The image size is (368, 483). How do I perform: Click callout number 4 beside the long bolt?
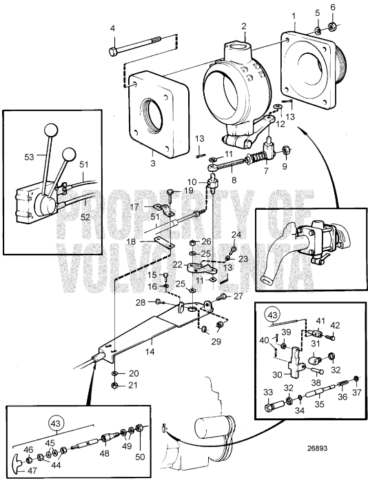coord(112,28)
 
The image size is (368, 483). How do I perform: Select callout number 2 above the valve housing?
coord(243,26)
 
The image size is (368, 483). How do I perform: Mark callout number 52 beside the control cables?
coord(85,216)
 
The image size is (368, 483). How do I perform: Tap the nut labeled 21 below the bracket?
coord(114,384)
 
